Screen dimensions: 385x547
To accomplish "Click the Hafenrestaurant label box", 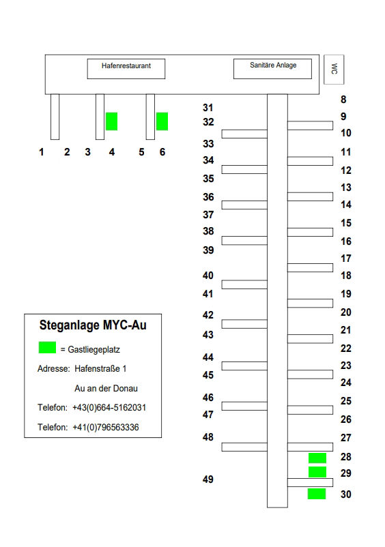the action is (126, 69).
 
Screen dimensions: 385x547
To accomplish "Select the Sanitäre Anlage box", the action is (272, 69).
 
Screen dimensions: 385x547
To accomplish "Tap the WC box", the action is (334, 70).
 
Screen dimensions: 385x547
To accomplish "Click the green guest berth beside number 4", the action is (112, 121).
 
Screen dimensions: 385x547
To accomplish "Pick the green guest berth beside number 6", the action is (162, 121).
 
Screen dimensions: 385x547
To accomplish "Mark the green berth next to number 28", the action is (317, 458).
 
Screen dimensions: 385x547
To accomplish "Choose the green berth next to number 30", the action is (317, 494).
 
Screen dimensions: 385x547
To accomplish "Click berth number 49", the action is (208, 479).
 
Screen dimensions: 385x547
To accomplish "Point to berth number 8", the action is (343, 100).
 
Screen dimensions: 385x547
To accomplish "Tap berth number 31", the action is (208, 108).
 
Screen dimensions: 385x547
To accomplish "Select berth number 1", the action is (42, 152).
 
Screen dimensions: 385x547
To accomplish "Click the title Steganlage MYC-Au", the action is (93, 325).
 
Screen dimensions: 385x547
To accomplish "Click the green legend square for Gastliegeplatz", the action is (47, 348).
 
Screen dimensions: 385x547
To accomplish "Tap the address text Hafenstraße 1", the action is (100, 368).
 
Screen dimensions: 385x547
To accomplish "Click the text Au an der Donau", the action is (106, 388).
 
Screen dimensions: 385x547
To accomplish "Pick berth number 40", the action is (208, 276).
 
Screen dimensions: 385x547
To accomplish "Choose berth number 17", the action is (346, 258).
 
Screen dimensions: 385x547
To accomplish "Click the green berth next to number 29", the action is (317, 472).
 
